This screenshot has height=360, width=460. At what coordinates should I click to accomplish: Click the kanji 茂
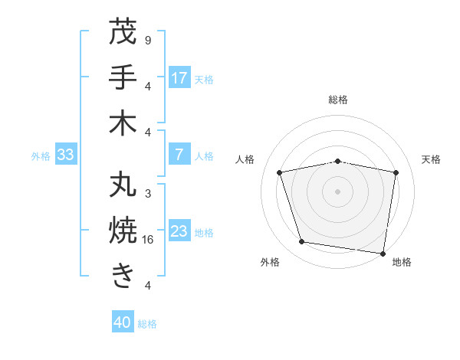(123, 33)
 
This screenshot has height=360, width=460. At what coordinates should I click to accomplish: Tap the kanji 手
(123, 77)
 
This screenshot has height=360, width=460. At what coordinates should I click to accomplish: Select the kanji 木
(123, 123)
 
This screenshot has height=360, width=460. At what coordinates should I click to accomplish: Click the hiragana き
(123, 276)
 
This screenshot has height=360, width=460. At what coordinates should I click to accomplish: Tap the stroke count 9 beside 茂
(147, 40)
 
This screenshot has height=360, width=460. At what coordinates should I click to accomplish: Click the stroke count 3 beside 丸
(147, 194)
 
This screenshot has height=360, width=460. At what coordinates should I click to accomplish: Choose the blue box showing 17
(179, 78)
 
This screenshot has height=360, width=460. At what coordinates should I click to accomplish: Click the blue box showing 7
(179, 155)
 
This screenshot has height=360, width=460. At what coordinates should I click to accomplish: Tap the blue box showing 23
(179, 231)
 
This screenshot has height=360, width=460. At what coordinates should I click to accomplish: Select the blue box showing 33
(65, 155)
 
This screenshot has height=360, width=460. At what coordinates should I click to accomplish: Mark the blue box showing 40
(123, 323)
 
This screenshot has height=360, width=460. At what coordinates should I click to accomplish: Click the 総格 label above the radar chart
(338, 100)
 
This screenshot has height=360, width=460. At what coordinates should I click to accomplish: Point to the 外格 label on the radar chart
(270, 262)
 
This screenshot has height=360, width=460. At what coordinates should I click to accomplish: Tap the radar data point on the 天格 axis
(396, 172)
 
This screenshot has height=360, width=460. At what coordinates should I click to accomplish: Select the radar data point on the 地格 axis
(383, 253)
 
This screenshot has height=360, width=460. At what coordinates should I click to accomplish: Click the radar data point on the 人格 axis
(280, 172)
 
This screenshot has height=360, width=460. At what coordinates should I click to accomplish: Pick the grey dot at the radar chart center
(338, 191)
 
